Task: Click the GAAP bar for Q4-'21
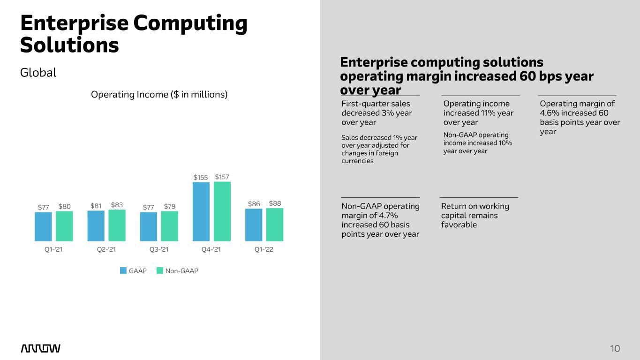201,211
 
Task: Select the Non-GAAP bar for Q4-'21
222,211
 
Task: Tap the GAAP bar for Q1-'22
254,225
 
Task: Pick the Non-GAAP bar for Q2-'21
117,225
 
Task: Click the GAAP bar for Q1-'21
43,226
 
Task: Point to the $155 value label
201,178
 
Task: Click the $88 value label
275,203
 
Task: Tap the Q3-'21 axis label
159,250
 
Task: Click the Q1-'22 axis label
264,250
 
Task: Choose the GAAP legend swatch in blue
123,270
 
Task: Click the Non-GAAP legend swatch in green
159,270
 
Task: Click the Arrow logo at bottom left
41,348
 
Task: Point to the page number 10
615,348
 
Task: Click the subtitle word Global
38,73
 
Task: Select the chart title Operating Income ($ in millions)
159,94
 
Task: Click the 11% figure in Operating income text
489,113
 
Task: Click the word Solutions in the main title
69,45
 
